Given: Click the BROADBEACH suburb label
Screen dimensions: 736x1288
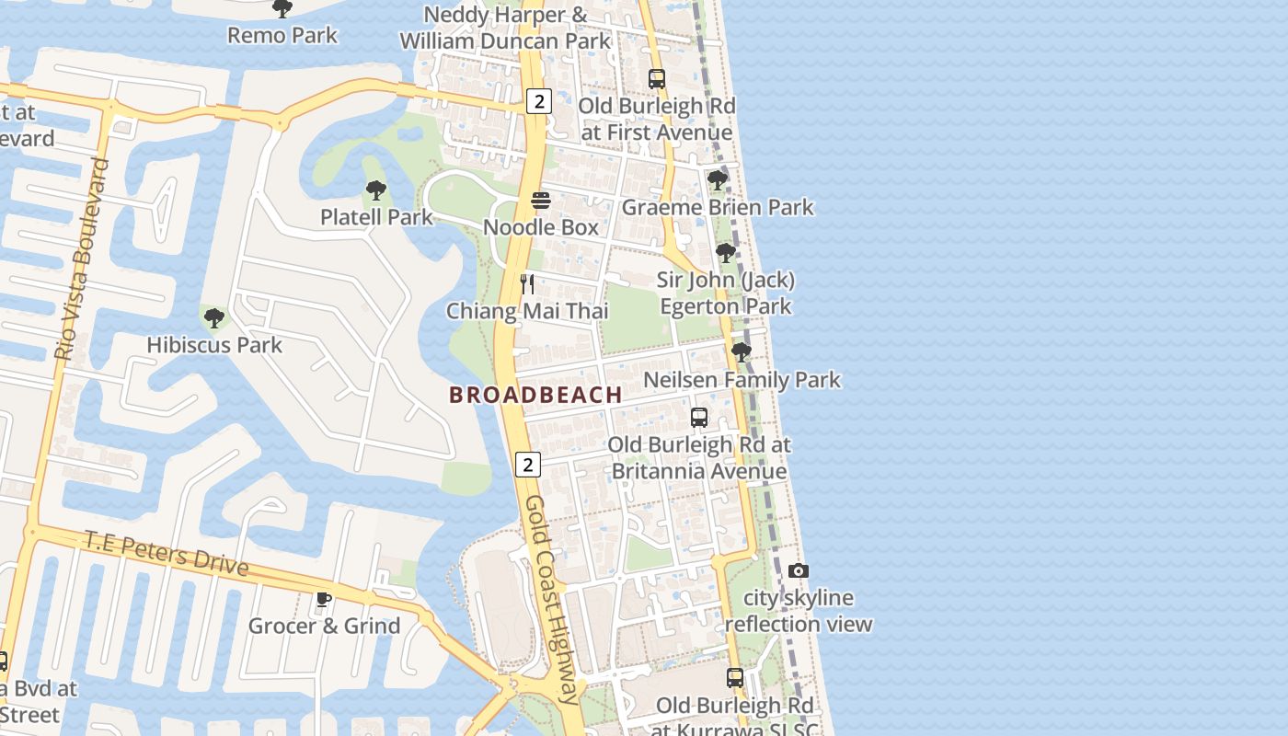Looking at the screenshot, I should point(535,395).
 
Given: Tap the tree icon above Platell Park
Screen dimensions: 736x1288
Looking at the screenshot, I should point(375,191).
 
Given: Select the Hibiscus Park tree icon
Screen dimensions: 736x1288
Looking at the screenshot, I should point(214,319).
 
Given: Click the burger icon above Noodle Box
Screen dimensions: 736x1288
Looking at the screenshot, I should point(541,201).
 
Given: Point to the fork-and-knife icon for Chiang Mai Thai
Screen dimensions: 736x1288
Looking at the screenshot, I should point(527,283).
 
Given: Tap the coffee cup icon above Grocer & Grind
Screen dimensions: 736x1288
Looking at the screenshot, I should point(324,600).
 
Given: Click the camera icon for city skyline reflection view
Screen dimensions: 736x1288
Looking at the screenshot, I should point(799,571).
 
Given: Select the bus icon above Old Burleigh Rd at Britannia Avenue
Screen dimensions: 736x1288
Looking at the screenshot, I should point(699,418).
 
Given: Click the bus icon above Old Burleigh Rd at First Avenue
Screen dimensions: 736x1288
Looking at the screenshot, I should point(657,79).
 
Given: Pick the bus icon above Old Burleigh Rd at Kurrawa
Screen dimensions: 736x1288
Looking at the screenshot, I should point(735,678).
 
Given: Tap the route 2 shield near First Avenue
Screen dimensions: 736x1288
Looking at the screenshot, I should point(539,101).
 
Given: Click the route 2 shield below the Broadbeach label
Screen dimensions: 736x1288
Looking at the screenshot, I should point(527,465).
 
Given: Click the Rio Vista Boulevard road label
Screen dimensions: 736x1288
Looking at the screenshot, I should point(82,259).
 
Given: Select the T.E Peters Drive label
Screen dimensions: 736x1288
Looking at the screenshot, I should point(167,552).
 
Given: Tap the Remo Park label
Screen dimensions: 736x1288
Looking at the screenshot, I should point(282,36).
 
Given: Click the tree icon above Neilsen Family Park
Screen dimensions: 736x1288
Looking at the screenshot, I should point(742,352).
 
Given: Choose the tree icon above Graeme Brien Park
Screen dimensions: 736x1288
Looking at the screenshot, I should point(718,180).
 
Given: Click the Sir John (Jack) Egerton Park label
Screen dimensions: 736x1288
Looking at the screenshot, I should point(726,293).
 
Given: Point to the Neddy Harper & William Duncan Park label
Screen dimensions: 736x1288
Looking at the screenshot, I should point(505,28).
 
